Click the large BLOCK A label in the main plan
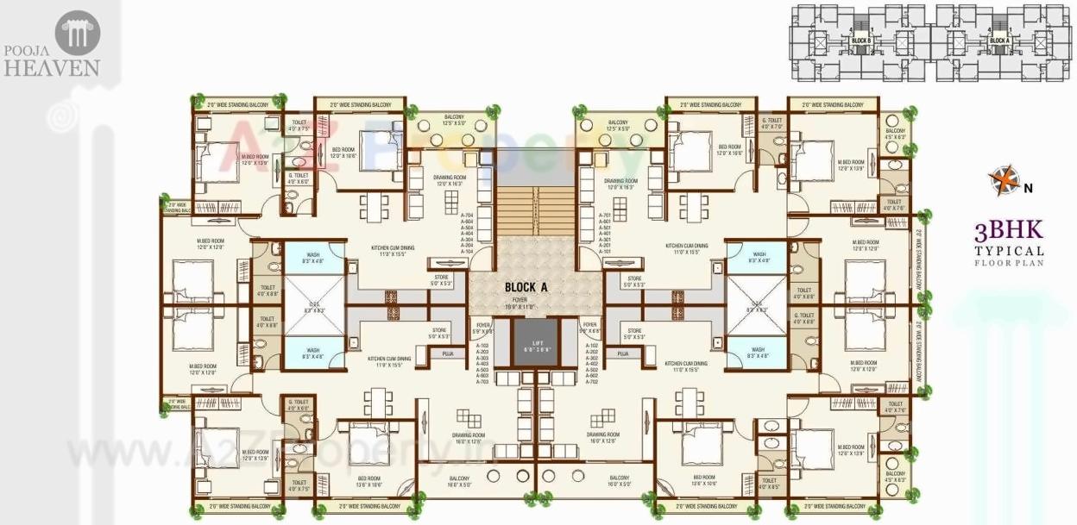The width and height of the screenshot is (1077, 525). [523, 288]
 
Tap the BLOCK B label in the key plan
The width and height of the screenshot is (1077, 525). [860, 41]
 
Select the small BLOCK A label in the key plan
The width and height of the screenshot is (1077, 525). [998, 41]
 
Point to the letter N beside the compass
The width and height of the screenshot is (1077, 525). [1028, 185]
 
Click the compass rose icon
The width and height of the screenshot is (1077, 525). [1004, 180]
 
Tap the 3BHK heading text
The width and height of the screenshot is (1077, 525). [1008, 230]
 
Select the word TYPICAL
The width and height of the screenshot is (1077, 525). [1009, 251]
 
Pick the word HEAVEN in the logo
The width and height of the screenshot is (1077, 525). [53, 68]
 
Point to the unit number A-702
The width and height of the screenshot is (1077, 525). [592, 381]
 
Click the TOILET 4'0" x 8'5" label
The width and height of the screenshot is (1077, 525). [768, 484]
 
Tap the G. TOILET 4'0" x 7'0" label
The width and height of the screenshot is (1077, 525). [771, 123]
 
